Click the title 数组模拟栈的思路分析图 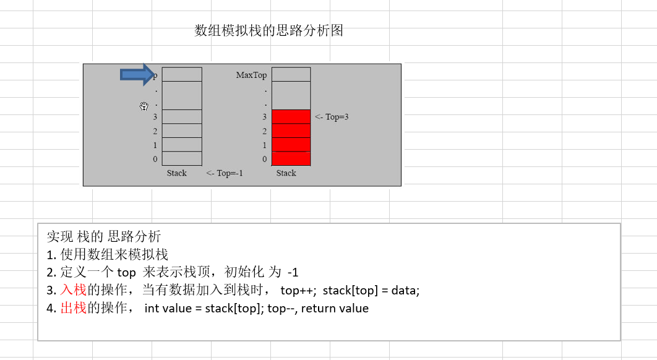tap(268, 31)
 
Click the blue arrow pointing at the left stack tap(137, 75)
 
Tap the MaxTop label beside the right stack tap(251, 75)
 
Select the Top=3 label tap(332, 116)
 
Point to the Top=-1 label tap(225, 173)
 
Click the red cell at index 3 tap(291, 116)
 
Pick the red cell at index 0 tap(291, 159)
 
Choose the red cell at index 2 tap(291, 131)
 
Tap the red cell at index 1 tap(291, 145)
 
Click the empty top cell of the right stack tap(291, 74)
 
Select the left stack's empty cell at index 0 tap(182, 159)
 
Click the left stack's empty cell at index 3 tap(182, 116)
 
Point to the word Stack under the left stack tap(176, 173)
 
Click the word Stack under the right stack tap(286, 173)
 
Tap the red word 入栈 tap(73, 290)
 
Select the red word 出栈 tap(73, 308)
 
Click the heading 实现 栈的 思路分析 tap(103, 236)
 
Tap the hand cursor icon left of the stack tap(144, 106)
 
